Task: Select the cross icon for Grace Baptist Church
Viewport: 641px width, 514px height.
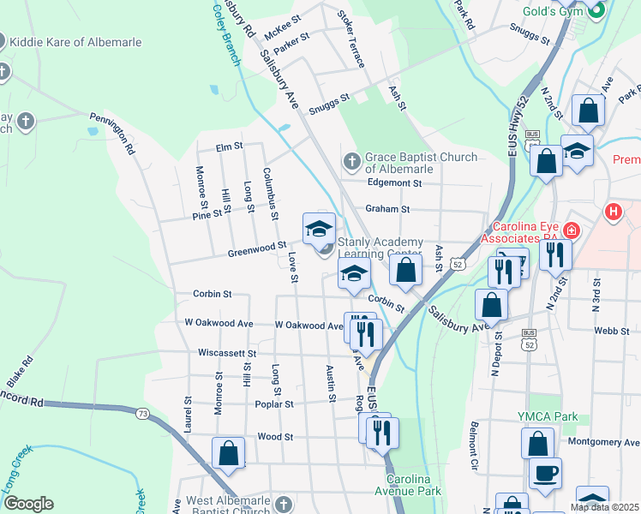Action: coord(351,161)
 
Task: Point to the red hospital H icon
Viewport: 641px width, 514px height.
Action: coord(614,211)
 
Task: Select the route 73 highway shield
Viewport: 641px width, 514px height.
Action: coord(141,415)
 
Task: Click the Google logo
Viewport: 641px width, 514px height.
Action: coord(28,504)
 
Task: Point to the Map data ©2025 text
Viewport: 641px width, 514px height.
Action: coord(604,507)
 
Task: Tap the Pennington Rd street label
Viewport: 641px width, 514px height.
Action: coord(113,134)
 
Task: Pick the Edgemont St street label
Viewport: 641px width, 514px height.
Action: coord(394,182)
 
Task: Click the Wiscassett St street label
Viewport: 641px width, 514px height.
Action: coord(227,353)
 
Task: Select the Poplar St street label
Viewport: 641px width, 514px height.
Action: coord(273,403)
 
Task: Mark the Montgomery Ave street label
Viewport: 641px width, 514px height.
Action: coord(604,442)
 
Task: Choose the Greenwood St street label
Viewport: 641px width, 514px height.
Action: coord(256,248)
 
